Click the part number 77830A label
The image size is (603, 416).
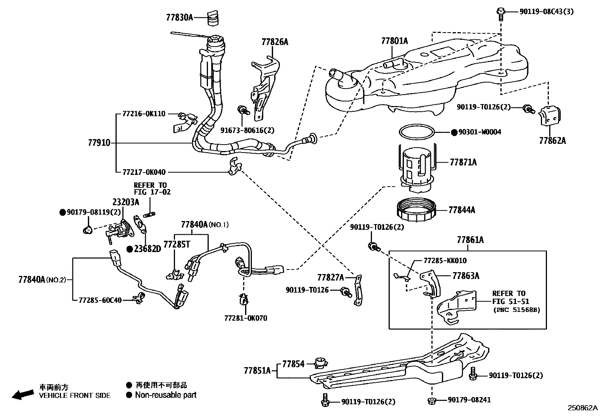pyautogui.click(x=180, y=17)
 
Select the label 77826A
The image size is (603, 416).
pyautogui.click(x=275, y=42)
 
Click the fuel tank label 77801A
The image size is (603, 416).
pyautogui.click(x=394, y=41)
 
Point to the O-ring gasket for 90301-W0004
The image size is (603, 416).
pyautogui.click(x=416, y=132)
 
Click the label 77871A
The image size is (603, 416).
pyautogui.click(x=463, y=162)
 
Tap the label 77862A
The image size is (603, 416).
pyautogui.click(x=552, y=141)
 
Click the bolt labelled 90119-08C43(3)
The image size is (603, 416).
pyautogui.click(x=501, y=12)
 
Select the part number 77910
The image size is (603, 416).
pyautogui.click(x=99, y=143)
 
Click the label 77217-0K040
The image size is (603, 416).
pyautogui.click(x=144, y=172)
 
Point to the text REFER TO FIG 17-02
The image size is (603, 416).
pyautogui.click(x=152, y=189)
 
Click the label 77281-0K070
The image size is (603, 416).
pyautogui.click(x=245, y=318)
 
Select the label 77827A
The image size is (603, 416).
pyautogui.click(x=330, y=278)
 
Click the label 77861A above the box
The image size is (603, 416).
pyautogui.click(x=470, y=240)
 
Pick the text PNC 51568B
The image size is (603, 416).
pyautogui.click(x=517, y=310)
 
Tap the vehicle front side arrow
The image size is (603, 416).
pyautogui.click(x=22, y=394)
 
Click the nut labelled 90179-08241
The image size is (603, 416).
pyautogui.click(x=432, y=400)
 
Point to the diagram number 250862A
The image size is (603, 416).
pyautogui.click(x=582, y=408)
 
